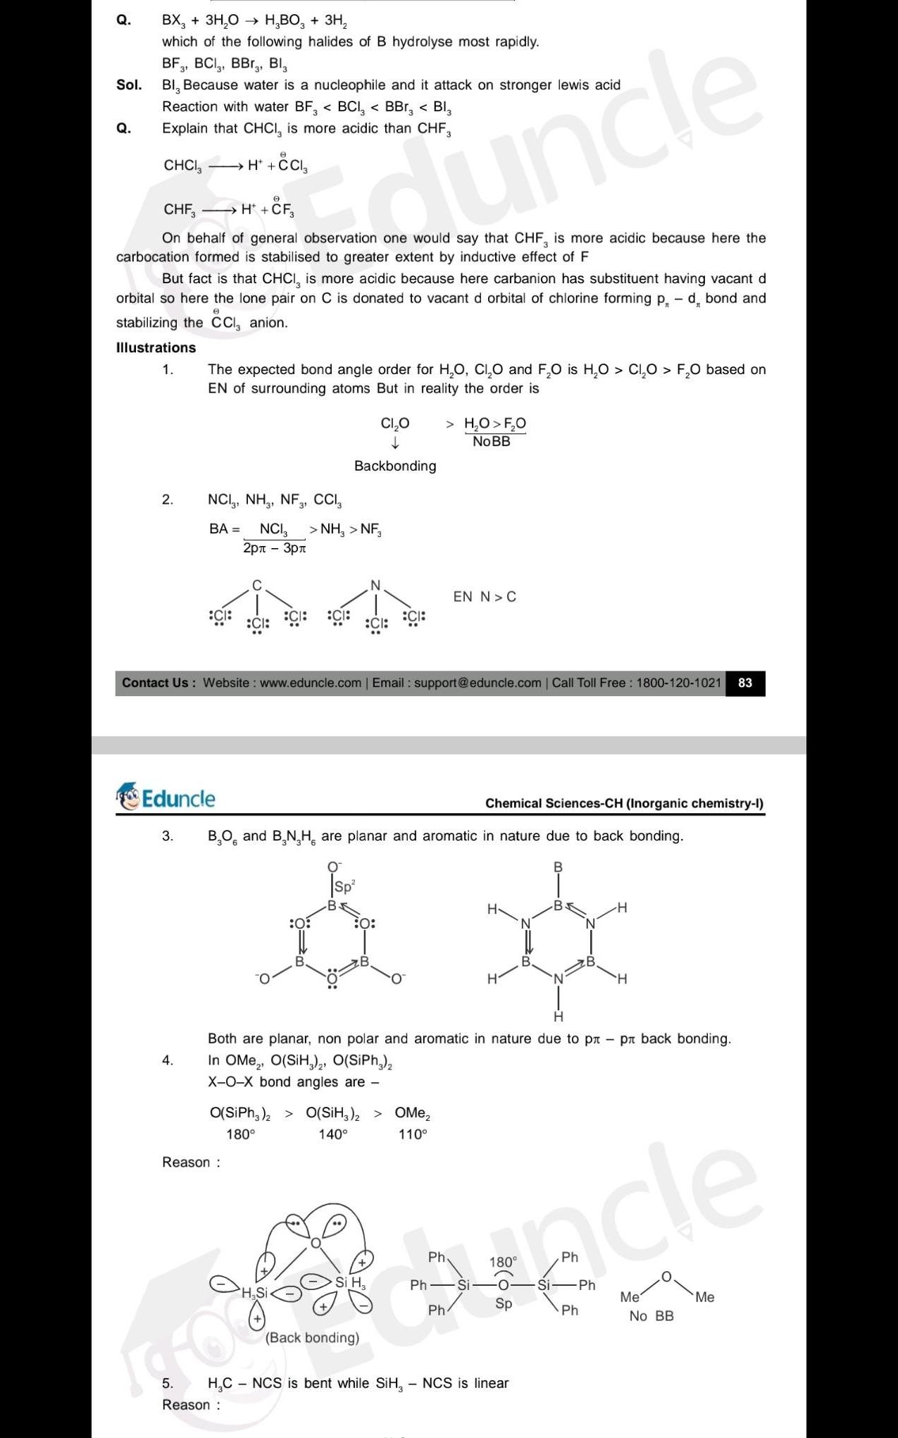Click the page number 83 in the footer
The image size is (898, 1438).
pyautogui.click(x=744, y=683)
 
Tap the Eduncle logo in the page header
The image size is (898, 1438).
pyautogui.click(x=166, y=798)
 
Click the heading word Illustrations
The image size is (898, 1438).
pyautogui.click(x=156, y=347)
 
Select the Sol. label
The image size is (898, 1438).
pyautogui.click(x=129, y=85)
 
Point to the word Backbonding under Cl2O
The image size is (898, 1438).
pyautogui.click(x=395, y=466)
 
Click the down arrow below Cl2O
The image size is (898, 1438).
pyautogui.click(x=395, y=443)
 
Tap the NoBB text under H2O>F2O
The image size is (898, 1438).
pyautogui.click(x=492, y=442)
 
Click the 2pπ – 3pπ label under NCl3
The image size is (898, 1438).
pyautogui.click(x=274, y=547)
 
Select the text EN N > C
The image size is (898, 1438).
pyautogui.click(x=485, y=597)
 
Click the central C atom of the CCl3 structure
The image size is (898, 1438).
pyautogui.click(x=257, y=585)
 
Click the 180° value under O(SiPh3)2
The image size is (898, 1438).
pyautogui.click(x=240, y=1134)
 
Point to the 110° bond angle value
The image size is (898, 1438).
pyautogui.click(x=413, y=1134)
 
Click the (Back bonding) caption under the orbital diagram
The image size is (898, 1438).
pyautogui.click(x=312, y=1338)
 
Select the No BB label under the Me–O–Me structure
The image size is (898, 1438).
pyautogui.click(x=651, y=1316)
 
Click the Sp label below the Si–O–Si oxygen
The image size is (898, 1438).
pyautogui.click(x=504, y=1303)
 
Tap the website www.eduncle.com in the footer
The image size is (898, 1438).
pyautogui.click(x=310, y=683)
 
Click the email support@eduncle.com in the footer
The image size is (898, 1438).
pyautogui.click(x=478, y=683)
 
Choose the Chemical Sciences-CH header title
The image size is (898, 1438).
pyautogui.click(x=624, y=803)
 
